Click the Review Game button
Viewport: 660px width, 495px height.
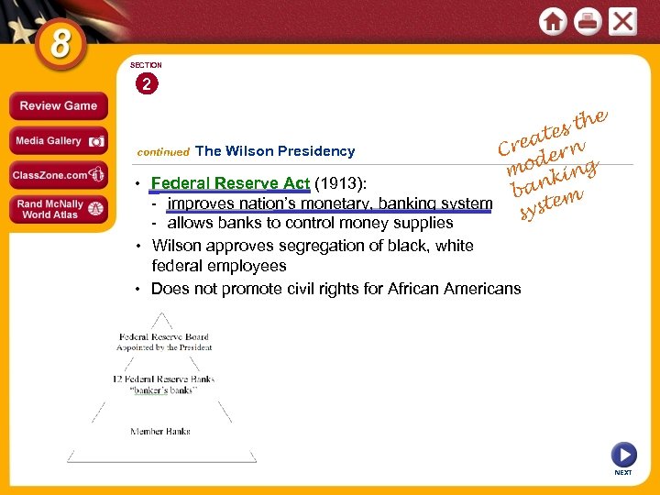tap(58, 105)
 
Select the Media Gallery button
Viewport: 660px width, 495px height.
tap(58, 141)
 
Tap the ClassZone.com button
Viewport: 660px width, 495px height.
tap(58, 174)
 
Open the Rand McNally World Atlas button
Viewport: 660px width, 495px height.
tap(58, 209)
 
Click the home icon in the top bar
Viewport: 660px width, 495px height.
tap(553, 21)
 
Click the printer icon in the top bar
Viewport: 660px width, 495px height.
tap(588, 21)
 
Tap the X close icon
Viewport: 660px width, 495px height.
tap(622, 21)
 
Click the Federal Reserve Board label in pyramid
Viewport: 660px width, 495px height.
tap(163, 337)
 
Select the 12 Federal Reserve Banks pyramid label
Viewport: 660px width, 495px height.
tap(163, 379)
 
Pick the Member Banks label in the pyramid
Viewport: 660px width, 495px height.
tap(160, 431)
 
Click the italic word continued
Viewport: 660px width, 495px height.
tap(162, 152)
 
